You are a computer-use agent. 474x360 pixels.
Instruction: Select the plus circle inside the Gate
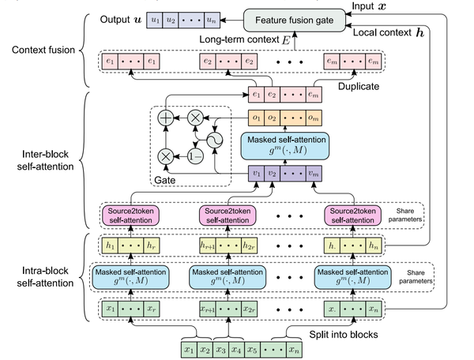tap(166, 120)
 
